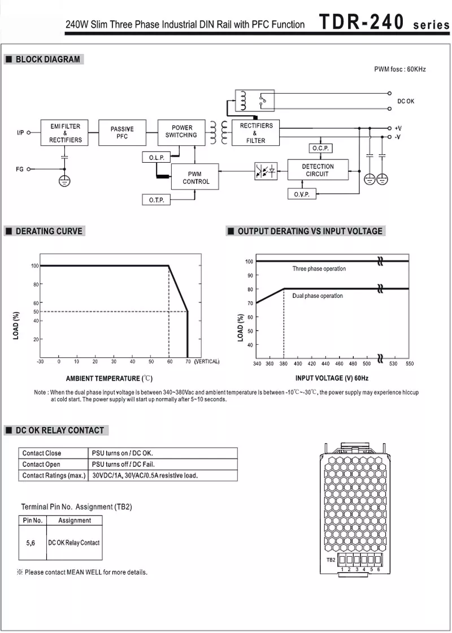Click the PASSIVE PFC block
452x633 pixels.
[122, 133]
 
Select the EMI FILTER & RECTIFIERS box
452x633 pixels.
[65, 133]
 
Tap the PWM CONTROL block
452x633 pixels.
[195, 178]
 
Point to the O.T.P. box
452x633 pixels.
[156, 200]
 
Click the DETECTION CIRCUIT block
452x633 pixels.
[318, 170]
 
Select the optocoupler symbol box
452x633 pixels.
[266, 170]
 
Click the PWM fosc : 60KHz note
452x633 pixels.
[399, 69]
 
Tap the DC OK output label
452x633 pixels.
[405, 101]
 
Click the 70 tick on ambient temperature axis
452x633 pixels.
[188, 361]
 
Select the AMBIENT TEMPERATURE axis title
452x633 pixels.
[109, 378]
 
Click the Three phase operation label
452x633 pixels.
[319, 269]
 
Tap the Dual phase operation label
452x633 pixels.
[317, 296]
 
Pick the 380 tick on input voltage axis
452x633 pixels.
[283, 363]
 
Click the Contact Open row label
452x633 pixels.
[41, 464]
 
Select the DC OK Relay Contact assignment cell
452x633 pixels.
[73, 543]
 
